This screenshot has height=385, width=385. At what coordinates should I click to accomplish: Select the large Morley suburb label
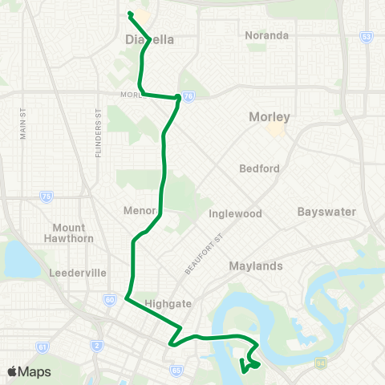pyautogui.click(x=269, y=116)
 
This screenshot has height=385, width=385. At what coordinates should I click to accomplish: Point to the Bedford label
pyautogui.click(x=259, y=168)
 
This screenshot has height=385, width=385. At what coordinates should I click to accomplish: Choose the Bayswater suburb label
pyautogui.click(x=326, y=212)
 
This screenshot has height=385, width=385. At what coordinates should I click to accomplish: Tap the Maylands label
pyautogui.click(x=256, y=265)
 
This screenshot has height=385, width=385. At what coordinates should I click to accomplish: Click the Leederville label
pyautogui.click(x=78, y=273)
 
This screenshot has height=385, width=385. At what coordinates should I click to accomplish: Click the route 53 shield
pyautogui.click(x=367, y=36)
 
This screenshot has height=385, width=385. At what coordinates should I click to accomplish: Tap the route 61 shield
pyautogui.click(x=42, y=348)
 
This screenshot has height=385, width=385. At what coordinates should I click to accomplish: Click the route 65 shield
pyautogui.click(x=176, y=371)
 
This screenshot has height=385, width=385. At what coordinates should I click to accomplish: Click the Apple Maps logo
pyautogui.click(x=29, y=371)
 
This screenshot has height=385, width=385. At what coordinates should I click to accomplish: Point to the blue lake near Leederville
pyautogui.click(x=16, y=259)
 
